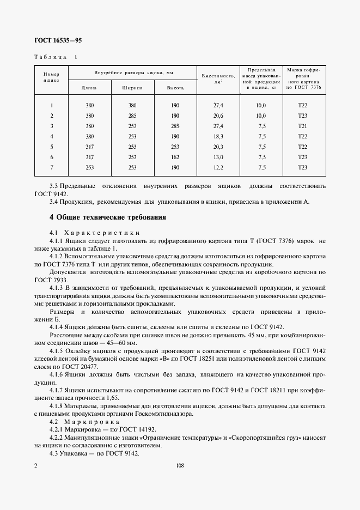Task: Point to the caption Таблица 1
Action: pyautogui.click(x=56, y=57)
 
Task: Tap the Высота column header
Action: pyautogui.click(x=175, y=88)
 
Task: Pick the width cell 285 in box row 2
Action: pyautogui.click(x=132, y=116)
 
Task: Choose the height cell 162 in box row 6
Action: pyautogui.click(x=175, y=157)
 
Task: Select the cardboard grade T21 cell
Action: pyautogui.click(x=303, y=126)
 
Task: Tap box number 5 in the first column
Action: pyautogui.click(x=51, y=147)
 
